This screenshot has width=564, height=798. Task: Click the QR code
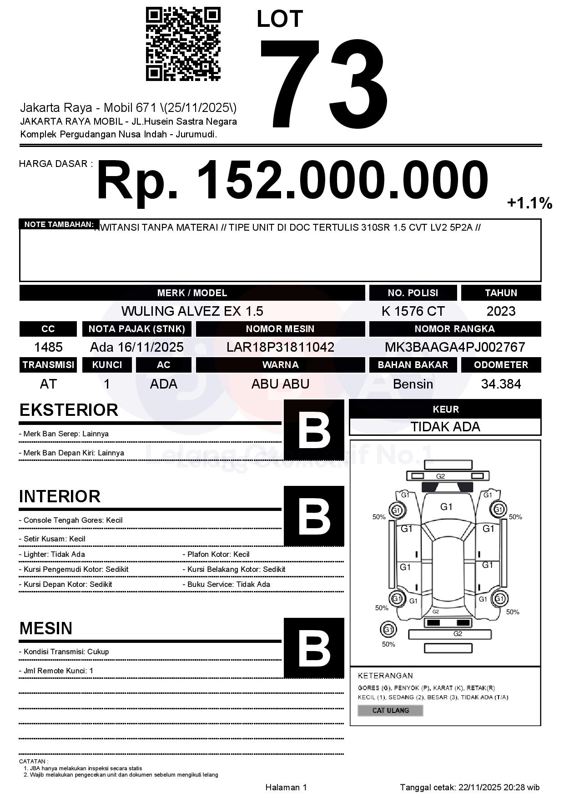click(x=183, y=44)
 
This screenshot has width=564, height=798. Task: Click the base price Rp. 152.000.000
click(x=292, y=180)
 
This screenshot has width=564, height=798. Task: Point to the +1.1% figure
click(x=529, y=203)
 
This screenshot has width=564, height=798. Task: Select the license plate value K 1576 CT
click(x=413, y=311)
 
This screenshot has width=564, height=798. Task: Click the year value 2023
click(x=501, y=311)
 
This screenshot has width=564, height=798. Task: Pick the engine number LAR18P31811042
click(x=280, y=347)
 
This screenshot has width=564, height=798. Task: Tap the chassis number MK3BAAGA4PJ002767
click(x=455, y=347)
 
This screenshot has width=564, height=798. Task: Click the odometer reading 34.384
click(x=501, y=384)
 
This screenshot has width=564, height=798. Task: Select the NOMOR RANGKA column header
click(x=455, y=329)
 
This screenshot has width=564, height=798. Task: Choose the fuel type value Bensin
click(x=413, y=384)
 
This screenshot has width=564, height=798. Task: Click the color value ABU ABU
click(x=280, y=384)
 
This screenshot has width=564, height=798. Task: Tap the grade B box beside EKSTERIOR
click(x=314, y=430)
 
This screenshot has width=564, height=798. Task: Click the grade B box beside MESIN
click(x=314, y=648)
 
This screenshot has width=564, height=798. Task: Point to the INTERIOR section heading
click(x=60, y=496)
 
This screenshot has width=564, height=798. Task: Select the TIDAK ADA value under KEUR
click(x=445, y=427)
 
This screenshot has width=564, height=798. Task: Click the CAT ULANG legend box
click(x=390, y=710)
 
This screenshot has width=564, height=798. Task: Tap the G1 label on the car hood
click(x=446, y=507)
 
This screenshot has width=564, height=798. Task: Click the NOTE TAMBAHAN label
click(x=59, y=224)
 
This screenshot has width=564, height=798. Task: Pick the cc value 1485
click(x=48, y=347)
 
